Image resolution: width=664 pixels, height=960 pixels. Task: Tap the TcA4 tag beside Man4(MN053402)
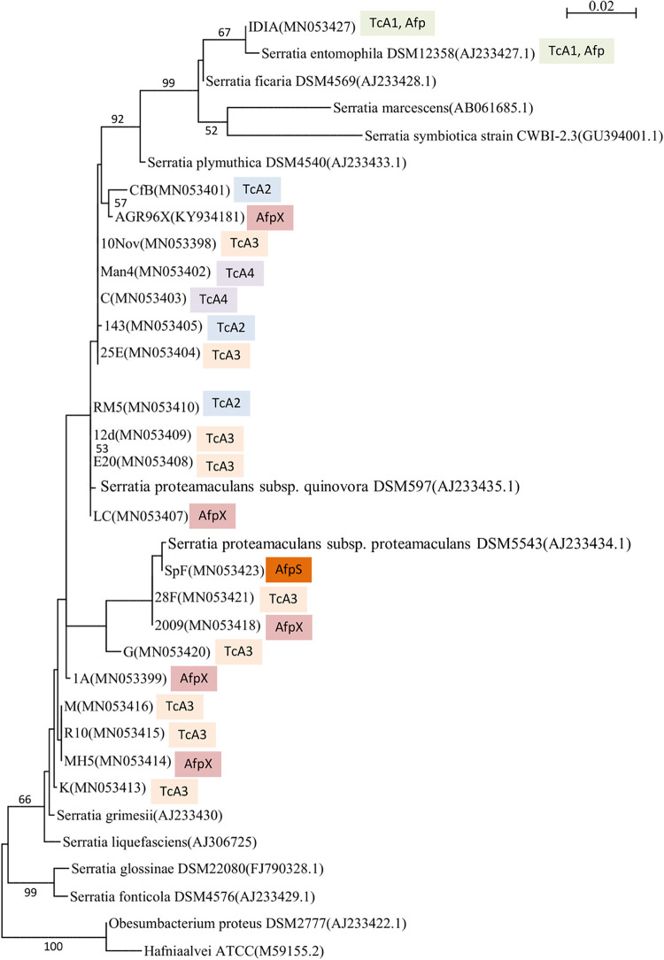240,273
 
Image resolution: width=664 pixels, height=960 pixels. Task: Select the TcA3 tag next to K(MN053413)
174,788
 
